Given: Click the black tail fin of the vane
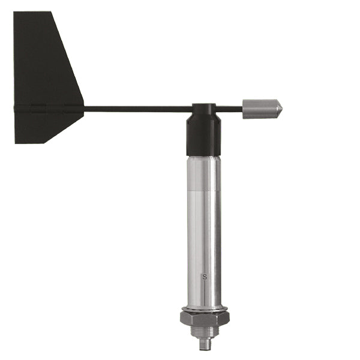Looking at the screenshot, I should coord(42,78).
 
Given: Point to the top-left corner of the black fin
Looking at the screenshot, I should coord(15,13).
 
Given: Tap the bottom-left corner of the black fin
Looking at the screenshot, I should coord(16,143).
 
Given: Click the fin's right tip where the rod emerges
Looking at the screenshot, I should coord(83,109).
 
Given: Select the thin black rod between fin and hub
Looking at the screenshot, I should coord(138,109).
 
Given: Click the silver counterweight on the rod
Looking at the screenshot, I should coord(259,109).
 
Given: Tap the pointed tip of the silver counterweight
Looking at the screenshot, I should coord(281,109).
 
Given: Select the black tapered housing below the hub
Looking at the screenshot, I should coord(204,137).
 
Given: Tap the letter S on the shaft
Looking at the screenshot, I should coord(205,277).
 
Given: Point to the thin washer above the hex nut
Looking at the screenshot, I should coord(204,308).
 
